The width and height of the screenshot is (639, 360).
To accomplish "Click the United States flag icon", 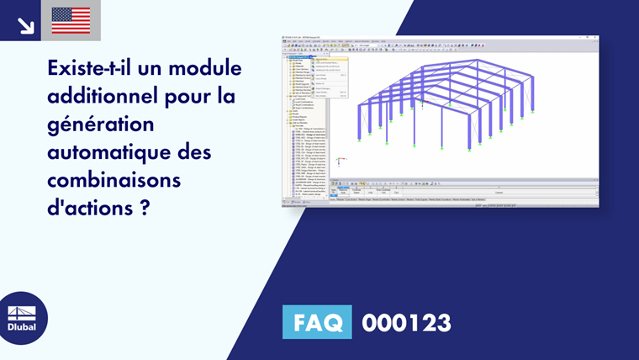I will pyautogui.click(x=71, y=20).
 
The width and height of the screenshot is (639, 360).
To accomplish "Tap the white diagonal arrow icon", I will pyautogui.click(x=25, y=25).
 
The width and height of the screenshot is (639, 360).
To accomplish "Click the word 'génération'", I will pyautogui.click(x=92, y=124).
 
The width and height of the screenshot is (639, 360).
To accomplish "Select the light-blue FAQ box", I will pyautogui.click(x=317, y=322).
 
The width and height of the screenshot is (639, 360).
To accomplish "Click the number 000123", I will pyautogui.click(x=406, y=322).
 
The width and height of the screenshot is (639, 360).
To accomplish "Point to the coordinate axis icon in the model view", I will pyautogui.click(x=338, y=159).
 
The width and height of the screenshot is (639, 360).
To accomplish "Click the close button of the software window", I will pyautogui.click(x=595, y=37).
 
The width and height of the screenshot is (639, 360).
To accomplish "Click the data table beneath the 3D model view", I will pyautogui.click(x=462, y=191).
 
